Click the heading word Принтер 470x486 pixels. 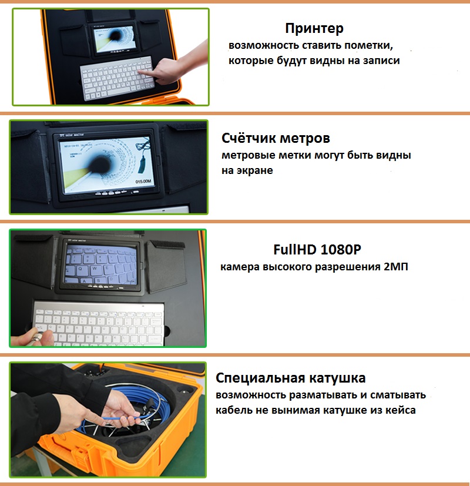[314, 29]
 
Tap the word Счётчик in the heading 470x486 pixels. [249, 138]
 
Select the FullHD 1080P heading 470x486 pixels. [317, 250]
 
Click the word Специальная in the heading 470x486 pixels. [256, 378]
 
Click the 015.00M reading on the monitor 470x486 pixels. [143, 182]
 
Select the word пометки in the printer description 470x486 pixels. [369, 46]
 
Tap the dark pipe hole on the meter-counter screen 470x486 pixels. [100, 163]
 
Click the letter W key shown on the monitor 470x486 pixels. [95, 269]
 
